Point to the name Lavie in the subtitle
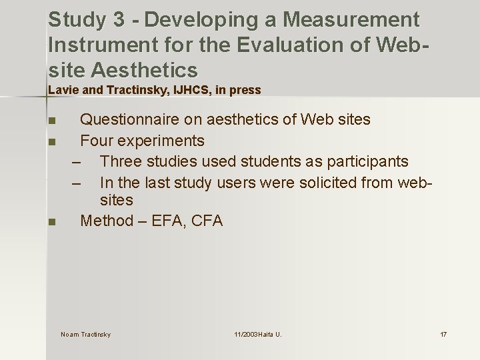(61, 90)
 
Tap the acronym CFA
(207, 221)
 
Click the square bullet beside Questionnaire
(51, 121)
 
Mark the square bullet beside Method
(51, 222)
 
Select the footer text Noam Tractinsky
(85, 334)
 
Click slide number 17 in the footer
(443, 334)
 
